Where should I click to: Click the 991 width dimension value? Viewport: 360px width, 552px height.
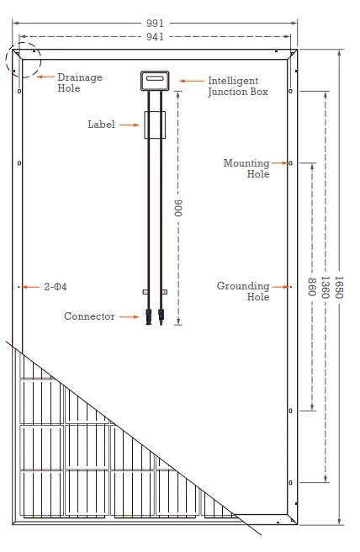pos(155,24)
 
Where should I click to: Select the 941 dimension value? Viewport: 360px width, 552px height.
pos(155,37)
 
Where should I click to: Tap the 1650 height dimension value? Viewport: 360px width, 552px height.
pos(338,287)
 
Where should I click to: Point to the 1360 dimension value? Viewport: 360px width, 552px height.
pos(326,287)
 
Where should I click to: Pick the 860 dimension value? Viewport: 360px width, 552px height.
pos(312,287)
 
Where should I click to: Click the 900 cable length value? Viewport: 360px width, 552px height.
pos(179,208)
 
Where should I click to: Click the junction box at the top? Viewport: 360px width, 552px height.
pos(155,81)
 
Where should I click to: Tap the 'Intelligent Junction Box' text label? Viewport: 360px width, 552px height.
pos(238,86)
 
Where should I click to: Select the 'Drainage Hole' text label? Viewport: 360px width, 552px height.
pos(80,82)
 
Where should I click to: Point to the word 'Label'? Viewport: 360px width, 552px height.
pos(101,125)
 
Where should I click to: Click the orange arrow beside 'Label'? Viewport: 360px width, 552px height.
pos(130,125)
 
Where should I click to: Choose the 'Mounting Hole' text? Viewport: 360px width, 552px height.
pos(246,168)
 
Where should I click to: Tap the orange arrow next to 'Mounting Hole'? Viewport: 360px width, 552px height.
pos(280,163)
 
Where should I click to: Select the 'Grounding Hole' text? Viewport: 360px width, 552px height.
pos(243,291)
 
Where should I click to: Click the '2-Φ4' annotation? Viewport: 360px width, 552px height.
pos(56,287)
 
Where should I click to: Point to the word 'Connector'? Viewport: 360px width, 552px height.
pos(89,316)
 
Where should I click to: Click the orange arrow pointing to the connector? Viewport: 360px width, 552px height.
pos(130,317)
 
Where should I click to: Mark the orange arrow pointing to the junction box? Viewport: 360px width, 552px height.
pos(192,81)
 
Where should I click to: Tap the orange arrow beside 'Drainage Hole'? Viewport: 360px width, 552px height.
pos(45,77)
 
